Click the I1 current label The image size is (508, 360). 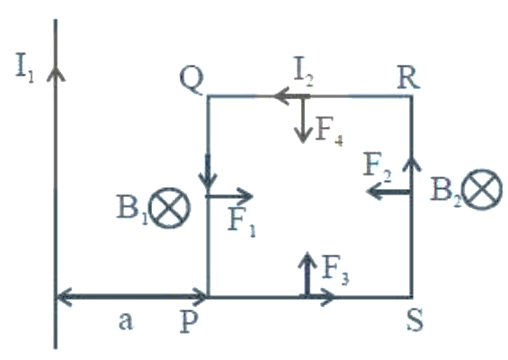click(x=24, y=70)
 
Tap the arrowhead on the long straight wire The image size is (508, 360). click(x=56, y=73)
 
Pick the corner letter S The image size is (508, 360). click(x=415, y=320)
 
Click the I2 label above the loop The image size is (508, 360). click(x=304, y=72)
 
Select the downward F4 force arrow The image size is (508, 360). click(x=303, y=120)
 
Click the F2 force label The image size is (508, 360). click(x=377, y=167)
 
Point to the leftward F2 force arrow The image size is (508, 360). click(x=388, y=192)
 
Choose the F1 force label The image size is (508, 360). click(x=242, y=222)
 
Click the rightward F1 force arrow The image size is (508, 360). click(x=229, y=196)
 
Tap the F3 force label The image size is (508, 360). click(x=335, y=271)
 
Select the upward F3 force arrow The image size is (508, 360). click(x=307, y=274)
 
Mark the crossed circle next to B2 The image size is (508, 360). click(x=482, y=190)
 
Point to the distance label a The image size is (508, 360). click(x=126, y=321)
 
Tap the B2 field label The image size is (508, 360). click(x=445, y=192)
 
